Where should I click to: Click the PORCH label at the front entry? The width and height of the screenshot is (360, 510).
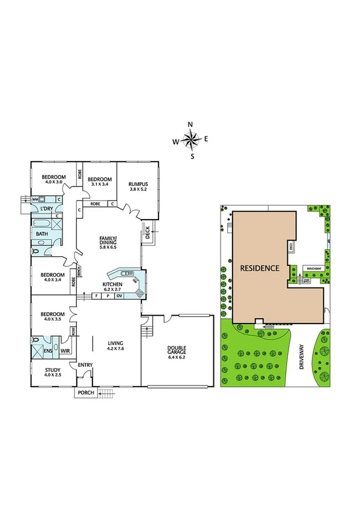(x=83, y=393)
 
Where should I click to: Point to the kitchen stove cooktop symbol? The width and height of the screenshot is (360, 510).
(x=140, y=293)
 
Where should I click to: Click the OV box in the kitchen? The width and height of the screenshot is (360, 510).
(x=119, y=296)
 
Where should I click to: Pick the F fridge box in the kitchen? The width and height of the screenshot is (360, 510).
(x=96, y=296)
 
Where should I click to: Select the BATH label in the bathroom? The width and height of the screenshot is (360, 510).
(x=41, y=233)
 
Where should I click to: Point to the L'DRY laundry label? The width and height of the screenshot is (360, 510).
(x=46, y=209)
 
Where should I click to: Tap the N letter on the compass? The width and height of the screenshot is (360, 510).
(x=191, y=125)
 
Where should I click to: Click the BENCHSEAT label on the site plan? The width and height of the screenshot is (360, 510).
(x=313, y=268)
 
